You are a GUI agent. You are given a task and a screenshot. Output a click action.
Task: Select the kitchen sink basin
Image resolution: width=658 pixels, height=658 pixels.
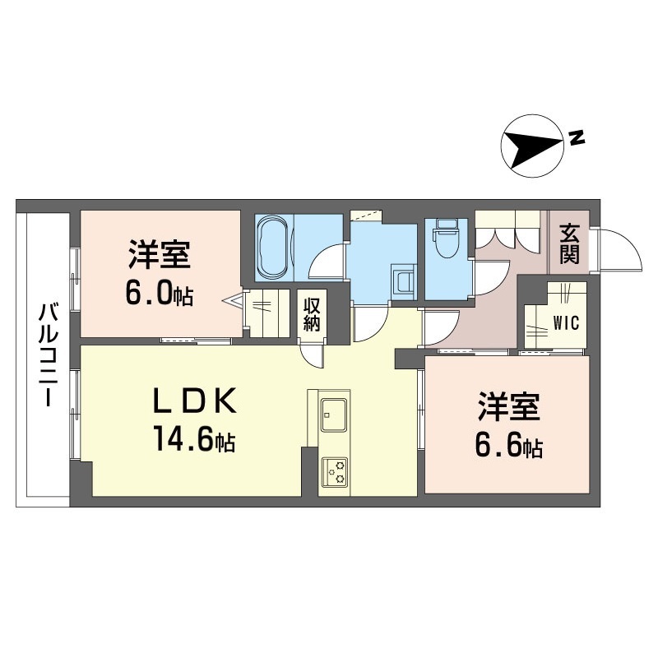click(334, 415)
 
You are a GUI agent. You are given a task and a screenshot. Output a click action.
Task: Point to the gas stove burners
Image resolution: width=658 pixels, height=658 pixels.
click(334, 472)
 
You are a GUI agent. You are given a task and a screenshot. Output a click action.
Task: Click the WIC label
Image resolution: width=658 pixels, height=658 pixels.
click(566, 322)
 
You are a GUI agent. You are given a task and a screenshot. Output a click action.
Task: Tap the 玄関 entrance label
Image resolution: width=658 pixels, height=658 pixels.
click(569, 244)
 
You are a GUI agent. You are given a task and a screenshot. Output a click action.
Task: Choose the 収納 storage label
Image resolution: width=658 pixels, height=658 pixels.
click(312, 314)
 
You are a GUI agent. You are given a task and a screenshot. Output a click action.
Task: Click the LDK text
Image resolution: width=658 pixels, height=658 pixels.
click(194, 400)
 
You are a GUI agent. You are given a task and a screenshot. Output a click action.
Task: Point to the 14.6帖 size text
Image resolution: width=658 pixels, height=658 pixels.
click(194, 438)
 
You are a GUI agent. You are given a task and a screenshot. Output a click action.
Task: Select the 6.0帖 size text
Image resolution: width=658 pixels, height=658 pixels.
click(160, 293)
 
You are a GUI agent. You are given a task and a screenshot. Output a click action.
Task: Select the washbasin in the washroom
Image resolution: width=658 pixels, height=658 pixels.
click(404, 281)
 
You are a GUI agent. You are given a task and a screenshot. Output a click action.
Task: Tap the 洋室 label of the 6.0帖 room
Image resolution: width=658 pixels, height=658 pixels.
click(160, 254)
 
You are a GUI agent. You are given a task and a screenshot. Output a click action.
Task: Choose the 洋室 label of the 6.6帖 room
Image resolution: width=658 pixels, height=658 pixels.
click(508, 406)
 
